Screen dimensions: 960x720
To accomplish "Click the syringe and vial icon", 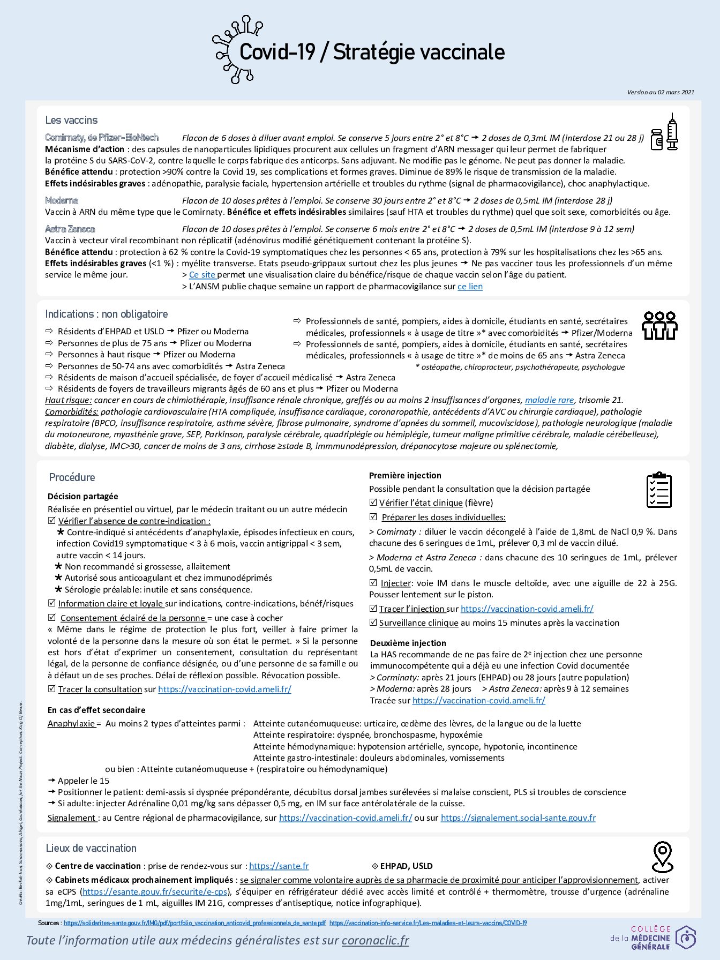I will coord(664,132).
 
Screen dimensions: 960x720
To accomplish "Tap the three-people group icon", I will coord(659,325).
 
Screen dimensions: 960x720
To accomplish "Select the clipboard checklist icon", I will coord(659,490).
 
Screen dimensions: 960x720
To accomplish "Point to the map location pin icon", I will coord(663,857).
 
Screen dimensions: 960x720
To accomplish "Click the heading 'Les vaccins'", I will coord(71,120).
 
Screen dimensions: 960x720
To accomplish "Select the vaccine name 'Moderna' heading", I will coord(62,200).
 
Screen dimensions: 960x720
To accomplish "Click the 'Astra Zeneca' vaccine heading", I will coord(70,229).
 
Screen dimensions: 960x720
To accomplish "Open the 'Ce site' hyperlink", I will coord(202,275).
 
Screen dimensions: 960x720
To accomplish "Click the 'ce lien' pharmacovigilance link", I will coord(470,287).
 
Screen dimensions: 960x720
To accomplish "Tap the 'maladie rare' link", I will coord(549,400).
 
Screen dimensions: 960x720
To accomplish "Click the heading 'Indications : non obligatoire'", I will coord(106,314).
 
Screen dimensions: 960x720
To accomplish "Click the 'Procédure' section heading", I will coord(72,477).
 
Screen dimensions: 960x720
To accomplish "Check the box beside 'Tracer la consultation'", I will coord(52,689).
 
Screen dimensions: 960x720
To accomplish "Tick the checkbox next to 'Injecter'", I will coord(373,583).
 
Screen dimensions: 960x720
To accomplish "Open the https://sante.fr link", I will coord(279,866).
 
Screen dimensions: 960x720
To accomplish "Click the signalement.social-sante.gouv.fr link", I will coord(518,817).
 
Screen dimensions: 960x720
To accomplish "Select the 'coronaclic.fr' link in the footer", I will coord(375,940).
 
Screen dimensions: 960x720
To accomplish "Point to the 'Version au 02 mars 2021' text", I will coord(661,92).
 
